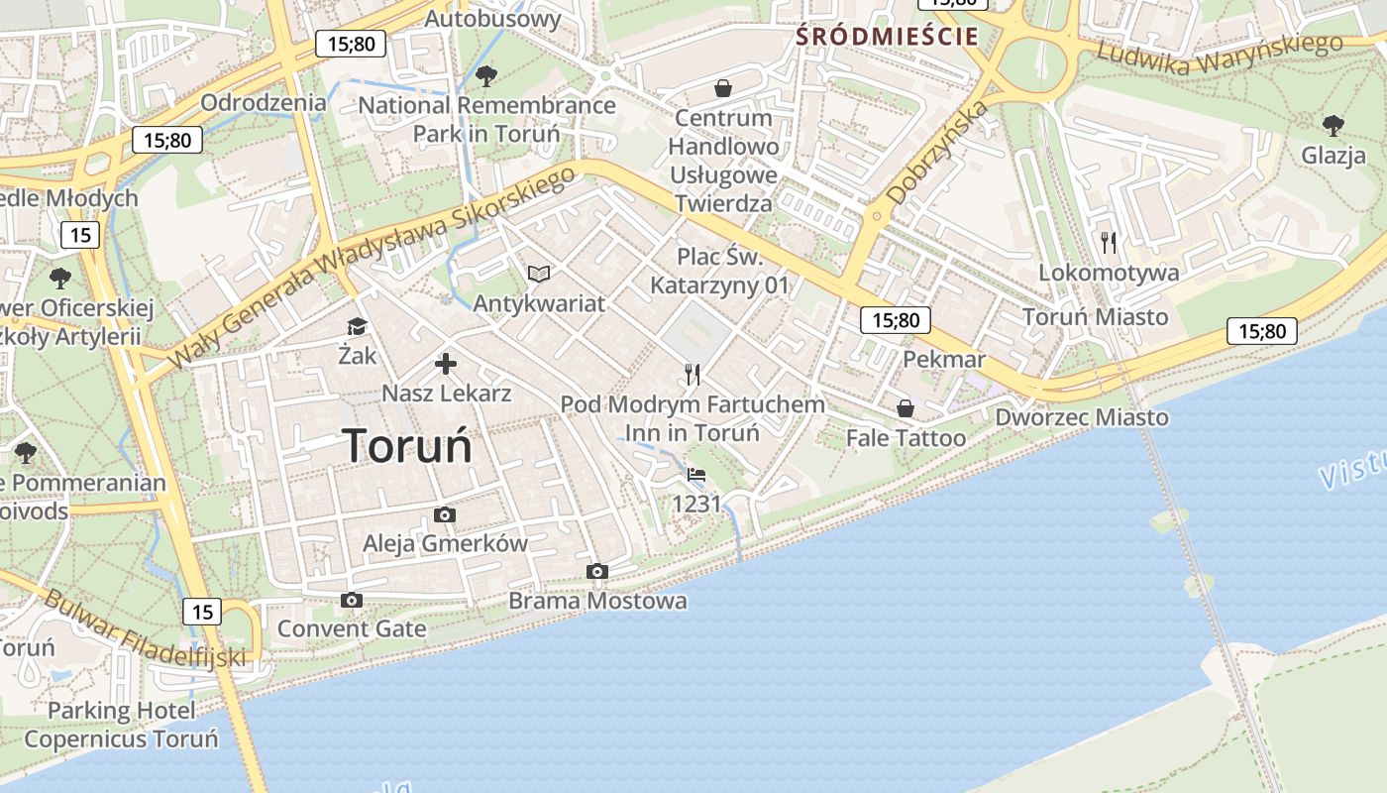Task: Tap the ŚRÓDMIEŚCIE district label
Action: click(888, 38)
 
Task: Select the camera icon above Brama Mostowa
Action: click(596, 572)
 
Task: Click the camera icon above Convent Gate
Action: click(351, 600)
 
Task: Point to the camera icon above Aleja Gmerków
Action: click(445, 514)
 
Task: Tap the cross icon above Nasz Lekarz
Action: click(446, 364)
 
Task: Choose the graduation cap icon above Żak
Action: click(356, 326)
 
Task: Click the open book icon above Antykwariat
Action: click(538, 274)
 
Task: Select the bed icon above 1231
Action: click(696, 475)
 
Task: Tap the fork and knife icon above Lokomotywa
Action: click(1109, 241)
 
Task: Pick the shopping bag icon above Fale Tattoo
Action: click(905, 407)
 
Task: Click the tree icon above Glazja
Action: click(1333, 125)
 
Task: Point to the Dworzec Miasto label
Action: click(1082, 417)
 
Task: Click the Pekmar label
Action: click(943, 359)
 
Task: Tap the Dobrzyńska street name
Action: click(937, 153)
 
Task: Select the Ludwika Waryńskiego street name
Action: click(1218, 56)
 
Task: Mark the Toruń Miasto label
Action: click(1095, 317)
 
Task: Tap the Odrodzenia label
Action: click(263, 102)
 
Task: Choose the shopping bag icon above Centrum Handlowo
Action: click(723, 88)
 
